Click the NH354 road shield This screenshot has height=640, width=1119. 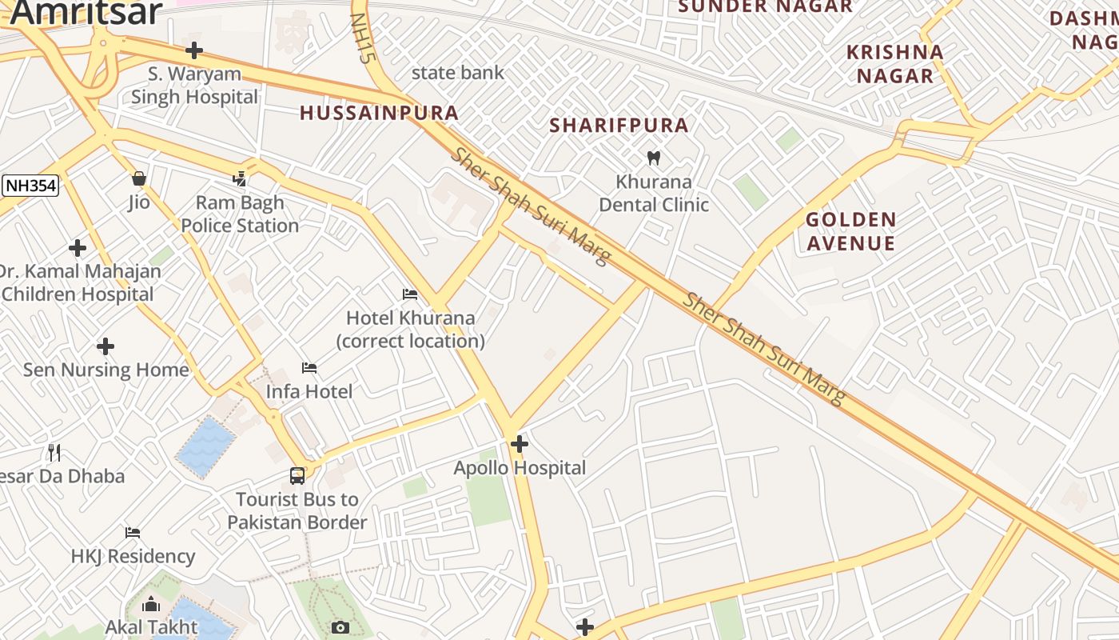[x=30, y=186]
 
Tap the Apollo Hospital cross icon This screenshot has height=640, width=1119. [x=520, y=443]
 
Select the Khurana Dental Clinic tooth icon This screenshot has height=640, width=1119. [x=653, y=158]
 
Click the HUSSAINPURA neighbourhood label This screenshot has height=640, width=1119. [x=379, y=113]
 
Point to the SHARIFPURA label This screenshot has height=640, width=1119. [x=619, y=125]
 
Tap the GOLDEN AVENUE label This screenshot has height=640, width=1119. [x=850, y=231]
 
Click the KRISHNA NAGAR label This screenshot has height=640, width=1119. [x=894, y=64]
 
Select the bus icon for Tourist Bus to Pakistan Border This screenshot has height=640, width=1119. [x=297, y=475]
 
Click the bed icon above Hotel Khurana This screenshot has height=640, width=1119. [x=410, y=294]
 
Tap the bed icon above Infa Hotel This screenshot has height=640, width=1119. [x=309, y=368]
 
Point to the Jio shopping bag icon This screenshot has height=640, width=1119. [x=139, y=178]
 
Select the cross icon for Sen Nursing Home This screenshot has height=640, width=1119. [x=106, y=346]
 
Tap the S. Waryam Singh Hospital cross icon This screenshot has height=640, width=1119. [x=193, y=50]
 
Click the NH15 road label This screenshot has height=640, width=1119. [x=363, y=38]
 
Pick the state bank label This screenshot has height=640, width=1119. [x=457, y=73]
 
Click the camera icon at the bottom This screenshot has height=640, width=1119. [x=340, y=627]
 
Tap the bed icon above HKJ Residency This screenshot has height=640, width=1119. [x=133, y=532]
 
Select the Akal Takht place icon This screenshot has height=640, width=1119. [x=150, y=605]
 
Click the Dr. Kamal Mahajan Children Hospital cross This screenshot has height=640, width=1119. [x=78, y=248]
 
